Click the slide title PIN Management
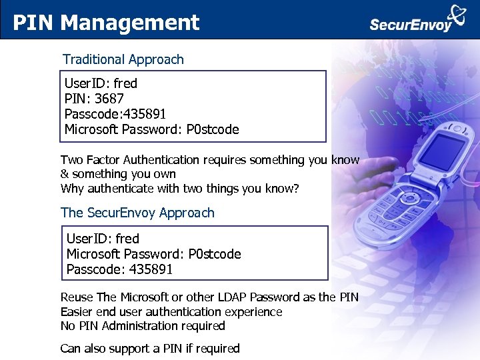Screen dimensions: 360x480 (107, 23)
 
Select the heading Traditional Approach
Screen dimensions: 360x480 (123, 59)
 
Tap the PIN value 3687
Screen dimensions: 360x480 (109, 99)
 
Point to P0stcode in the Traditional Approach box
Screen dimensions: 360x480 (213, 129)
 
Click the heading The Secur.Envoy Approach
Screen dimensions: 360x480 (137, 213)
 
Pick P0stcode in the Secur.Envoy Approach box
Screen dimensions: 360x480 (215, 254)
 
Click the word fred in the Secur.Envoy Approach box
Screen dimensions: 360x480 (127, 239)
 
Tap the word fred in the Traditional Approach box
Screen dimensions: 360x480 (125, 83)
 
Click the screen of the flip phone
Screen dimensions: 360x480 (443, 152)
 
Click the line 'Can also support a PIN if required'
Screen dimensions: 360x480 (150, 348)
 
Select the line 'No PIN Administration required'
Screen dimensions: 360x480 (143, 326)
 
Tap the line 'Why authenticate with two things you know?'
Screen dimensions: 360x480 (180, 188)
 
